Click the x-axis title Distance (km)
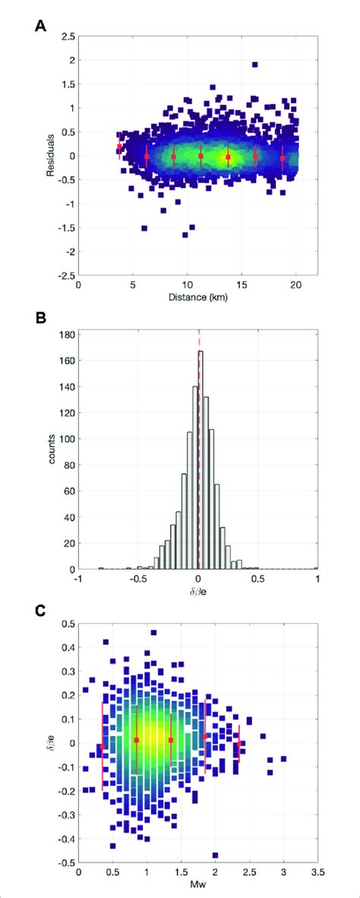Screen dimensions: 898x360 pos(197,299)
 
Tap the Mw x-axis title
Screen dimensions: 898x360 pos(197,886)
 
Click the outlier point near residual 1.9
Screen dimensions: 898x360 pos(254,65)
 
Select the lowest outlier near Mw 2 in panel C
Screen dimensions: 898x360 pos(215,855)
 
